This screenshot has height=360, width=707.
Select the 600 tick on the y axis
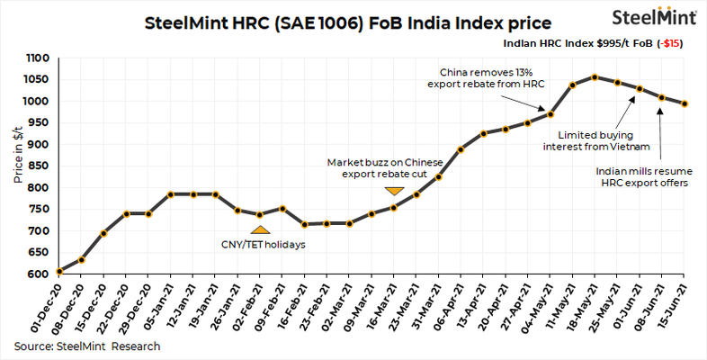39,273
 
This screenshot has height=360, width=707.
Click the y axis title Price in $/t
18,165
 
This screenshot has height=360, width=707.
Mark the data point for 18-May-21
595,76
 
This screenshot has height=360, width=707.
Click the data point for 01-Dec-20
58,271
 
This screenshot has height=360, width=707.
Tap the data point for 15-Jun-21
685,103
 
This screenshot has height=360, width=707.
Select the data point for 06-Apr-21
461,149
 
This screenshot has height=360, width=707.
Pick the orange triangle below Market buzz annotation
393,191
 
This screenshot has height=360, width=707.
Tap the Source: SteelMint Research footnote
87,346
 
